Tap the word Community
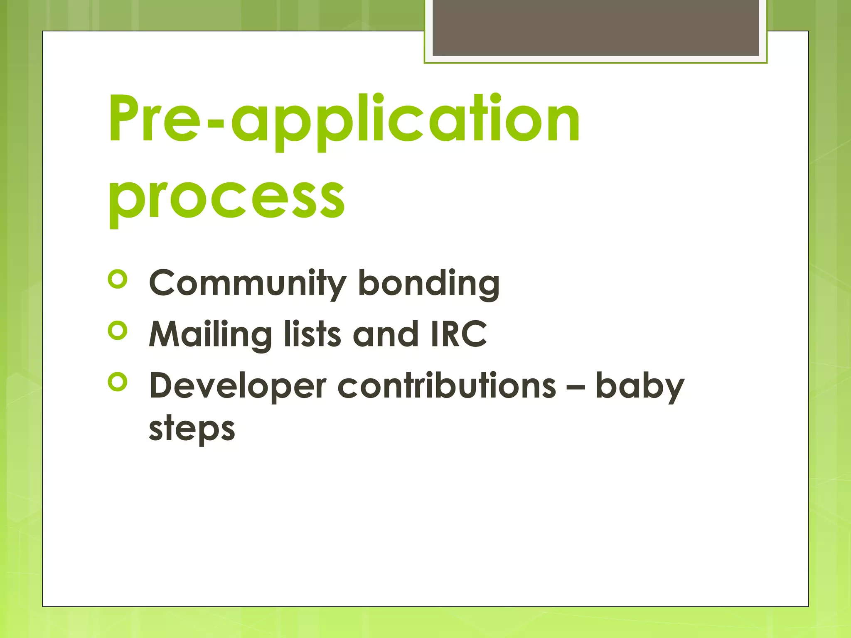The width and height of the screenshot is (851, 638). pos(247,284)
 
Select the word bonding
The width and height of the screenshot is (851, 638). pos(428,284)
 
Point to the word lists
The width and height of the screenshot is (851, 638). pos(312,335)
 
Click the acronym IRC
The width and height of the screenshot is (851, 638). pos(458,335)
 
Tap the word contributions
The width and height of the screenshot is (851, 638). pos(446,386)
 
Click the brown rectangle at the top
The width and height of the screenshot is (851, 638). pos(595,27)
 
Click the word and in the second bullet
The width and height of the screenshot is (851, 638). pos(385,335)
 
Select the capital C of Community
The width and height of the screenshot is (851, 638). pos(163,283)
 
